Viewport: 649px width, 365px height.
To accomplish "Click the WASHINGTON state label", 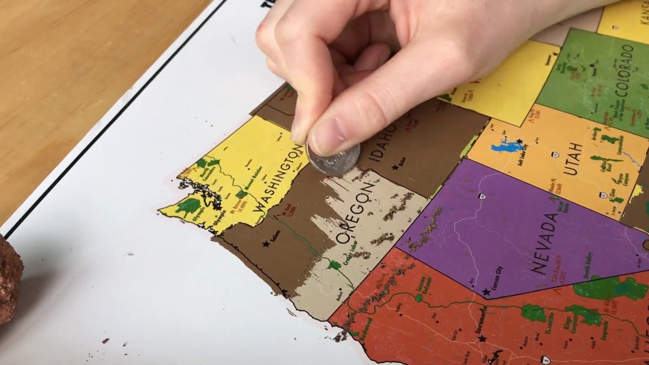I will (279, 179).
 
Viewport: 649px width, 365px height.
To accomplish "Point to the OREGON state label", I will (355, 212).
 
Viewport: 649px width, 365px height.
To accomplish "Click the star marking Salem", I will (266, 244).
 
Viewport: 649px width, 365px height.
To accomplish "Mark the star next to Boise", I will (395, 166).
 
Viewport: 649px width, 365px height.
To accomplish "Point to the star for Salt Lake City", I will (519, 141).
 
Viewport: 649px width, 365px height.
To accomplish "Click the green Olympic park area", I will (190, 206).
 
